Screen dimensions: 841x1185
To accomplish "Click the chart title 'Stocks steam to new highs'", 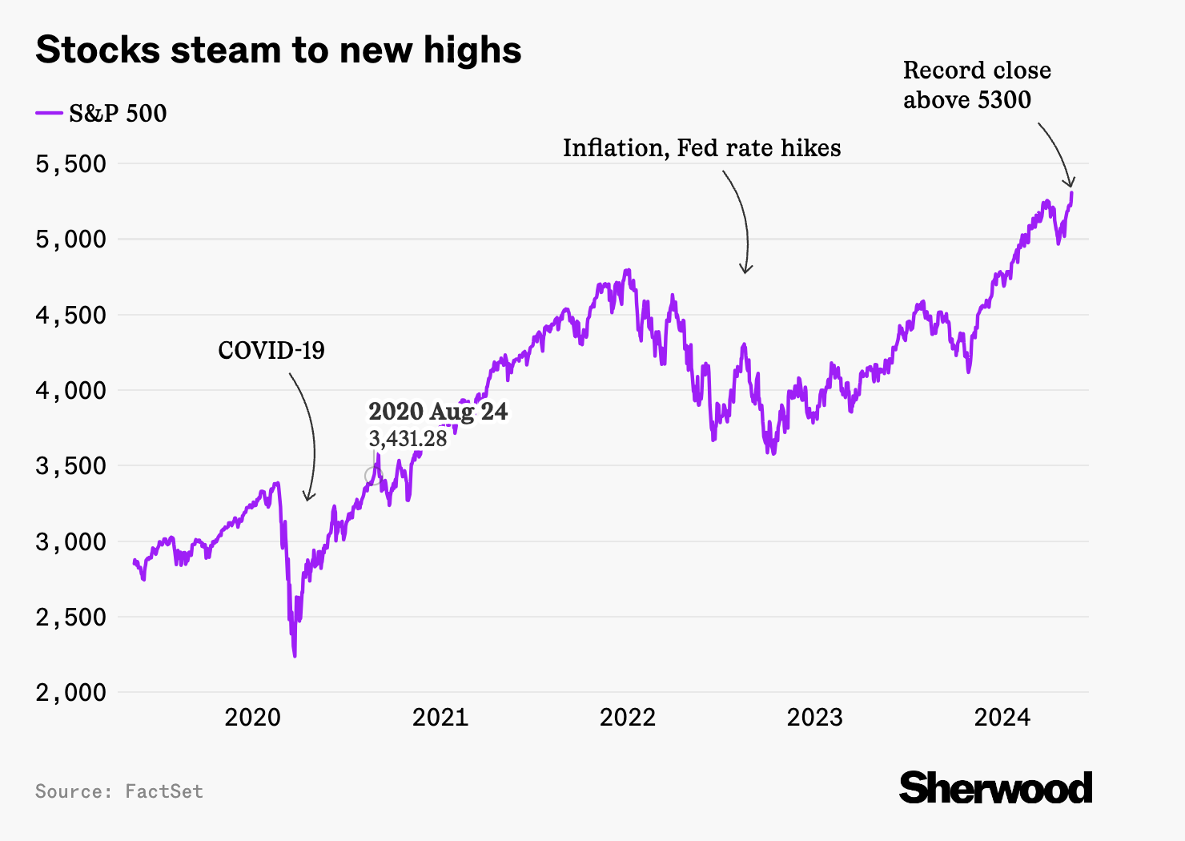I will pos(279,50).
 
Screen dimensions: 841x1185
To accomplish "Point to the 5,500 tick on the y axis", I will pos(70,163).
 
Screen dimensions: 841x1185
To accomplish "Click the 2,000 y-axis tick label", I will pos(70,692).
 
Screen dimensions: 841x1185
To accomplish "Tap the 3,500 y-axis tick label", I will pos(70,465).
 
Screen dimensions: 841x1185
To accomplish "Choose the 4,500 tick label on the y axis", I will pos(70,315).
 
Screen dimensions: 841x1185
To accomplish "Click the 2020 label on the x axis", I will pos(252,717).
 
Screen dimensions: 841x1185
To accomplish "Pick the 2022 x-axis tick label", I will pos(627,717).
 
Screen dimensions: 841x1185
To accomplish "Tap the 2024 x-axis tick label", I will pos(1002,717).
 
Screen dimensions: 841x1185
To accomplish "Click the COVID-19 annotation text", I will pos(271,350).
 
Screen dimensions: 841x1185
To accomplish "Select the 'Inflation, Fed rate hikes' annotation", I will pos(701,148).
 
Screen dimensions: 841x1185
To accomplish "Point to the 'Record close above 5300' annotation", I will pos(977,85).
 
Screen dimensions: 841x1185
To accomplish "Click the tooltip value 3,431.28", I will pos(408,438).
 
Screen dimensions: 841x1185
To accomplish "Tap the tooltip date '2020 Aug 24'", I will pos(438,412).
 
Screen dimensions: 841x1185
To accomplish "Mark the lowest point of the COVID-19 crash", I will pos(295,656).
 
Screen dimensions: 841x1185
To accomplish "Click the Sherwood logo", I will pos(995,788).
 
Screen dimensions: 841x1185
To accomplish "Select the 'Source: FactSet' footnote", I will pos(118,791).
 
